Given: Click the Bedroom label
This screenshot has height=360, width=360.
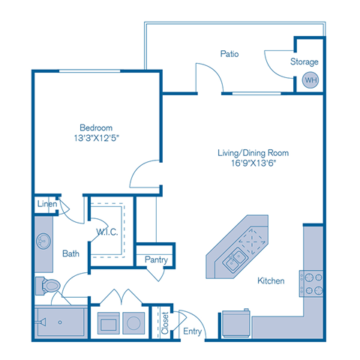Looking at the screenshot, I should (x=97, y=127).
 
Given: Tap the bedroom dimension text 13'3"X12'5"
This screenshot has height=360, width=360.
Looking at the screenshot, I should (x=97, y=138).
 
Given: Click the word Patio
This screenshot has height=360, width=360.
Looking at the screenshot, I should (x=229, y=54).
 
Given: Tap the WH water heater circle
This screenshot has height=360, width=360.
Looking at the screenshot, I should (x=309, y=79).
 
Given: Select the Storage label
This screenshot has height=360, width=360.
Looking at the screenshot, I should (x=304, y=61).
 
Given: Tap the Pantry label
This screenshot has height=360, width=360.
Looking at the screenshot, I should (x=156, y=259).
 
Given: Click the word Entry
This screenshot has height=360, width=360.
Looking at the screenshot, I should (x=193, y=331).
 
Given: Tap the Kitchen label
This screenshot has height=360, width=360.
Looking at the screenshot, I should (x=271, y=281).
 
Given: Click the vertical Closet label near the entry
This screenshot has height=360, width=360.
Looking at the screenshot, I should (x=165, y=322).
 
